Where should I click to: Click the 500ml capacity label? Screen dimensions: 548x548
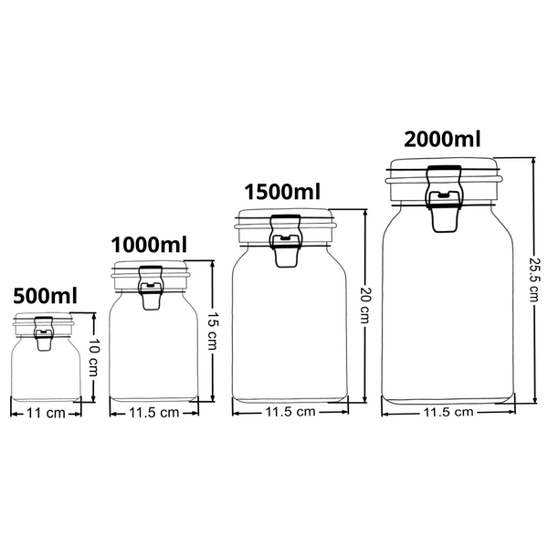(x=45, y=296)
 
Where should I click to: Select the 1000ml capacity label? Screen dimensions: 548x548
(x=149, y=245)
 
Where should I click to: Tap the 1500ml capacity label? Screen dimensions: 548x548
(x=283, y=193)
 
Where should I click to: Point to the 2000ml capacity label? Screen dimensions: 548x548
(x=442, y=140)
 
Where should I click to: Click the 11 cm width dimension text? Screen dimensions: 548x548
(x=47, y=413)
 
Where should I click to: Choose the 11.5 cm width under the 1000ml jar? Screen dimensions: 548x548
(x=154, y=413)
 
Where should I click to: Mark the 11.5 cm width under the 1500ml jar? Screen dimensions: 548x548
(x=290, y=412)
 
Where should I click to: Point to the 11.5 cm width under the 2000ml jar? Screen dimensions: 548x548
(x=448, y=412)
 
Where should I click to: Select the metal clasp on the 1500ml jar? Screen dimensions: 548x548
(x=285, y=242)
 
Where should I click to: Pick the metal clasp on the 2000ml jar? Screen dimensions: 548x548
(x=444, y=199)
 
